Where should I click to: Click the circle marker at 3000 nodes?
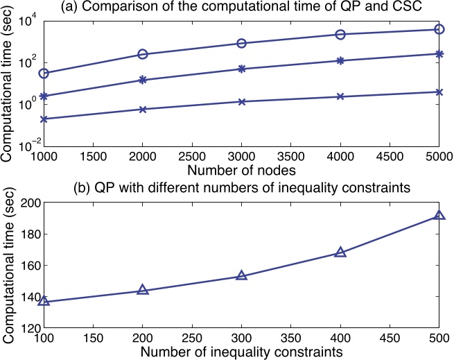click(241, 43)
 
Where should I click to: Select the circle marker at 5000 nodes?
click(439, 29)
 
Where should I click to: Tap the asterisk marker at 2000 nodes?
click(142, 80)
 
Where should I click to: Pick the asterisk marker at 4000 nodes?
click(340, 60)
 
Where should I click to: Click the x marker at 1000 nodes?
click(44, 119)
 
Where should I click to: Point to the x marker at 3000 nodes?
click(241, 102)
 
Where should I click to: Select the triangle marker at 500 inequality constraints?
click(439, 216)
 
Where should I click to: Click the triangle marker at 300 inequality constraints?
click(241, 275)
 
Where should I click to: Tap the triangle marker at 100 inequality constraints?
click(44, 301)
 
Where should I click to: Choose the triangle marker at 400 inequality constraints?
click(340, 252)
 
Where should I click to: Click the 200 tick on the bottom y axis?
click(28, 203)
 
